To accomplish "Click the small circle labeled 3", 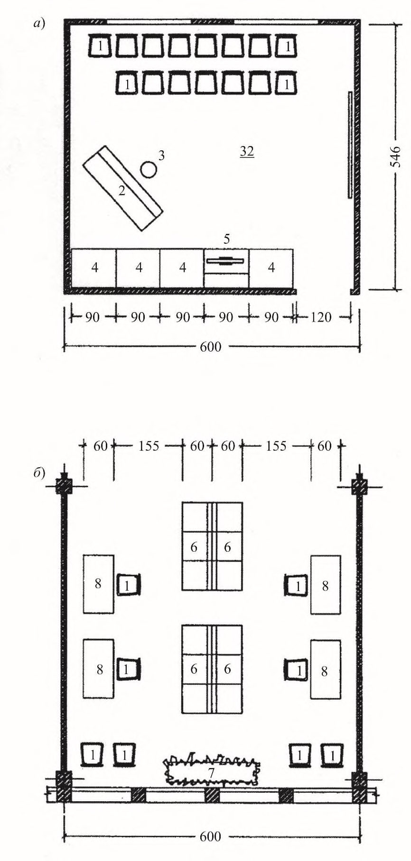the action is click(x=149, y=169).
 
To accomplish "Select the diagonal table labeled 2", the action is click(x=122, y=188).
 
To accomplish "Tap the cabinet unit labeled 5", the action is click(x=226, y=268).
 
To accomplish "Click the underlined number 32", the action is click(x=247, y=152).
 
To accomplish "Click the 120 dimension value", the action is click(x=321, y=317).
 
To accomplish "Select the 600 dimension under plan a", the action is click(x=210, y=347).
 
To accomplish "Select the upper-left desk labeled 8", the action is click(x=99, y=584).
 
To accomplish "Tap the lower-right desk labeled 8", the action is click(x=326, y=669).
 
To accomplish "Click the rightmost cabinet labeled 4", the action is click(x=271, y=268).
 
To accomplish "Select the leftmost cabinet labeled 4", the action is click(x=94, y=268).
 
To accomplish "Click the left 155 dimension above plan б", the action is click(x=149, y=446).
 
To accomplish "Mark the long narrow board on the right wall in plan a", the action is click(x=350, y=144).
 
